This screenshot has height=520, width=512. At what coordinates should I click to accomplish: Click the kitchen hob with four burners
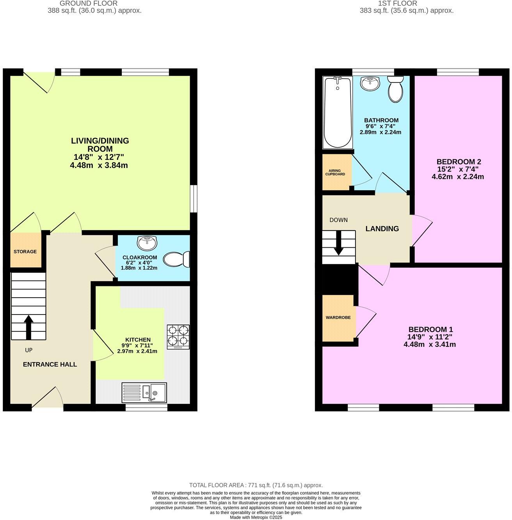178,337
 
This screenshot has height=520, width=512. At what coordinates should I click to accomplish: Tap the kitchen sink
144,392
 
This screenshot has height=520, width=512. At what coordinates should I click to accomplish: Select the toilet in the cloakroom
176,259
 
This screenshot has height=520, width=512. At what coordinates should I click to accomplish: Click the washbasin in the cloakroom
147,243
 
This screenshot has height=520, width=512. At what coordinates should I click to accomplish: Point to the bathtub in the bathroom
337,113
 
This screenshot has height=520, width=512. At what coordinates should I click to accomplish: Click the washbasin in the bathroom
370,83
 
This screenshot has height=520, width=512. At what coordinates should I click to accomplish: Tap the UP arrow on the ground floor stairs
28,327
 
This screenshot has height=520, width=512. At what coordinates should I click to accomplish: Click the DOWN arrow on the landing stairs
339,243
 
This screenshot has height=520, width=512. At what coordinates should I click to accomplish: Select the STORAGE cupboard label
25,252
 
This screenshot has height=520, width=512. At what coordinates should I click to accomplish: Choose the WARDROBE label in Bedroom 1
338,318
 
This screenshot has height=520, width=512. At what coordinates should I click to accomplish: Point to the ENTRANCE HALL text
50,365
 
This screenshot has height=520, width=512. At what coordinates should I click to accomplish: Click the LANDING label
382,229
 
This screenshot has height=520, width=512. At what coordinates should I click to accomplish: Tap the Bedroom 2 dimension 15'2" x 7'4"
458,169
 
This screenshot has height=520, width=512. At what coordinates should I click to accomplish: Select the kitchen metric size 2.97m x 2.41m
137,351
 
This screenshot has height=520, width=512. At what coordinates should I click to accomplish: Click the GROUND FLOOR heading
89,4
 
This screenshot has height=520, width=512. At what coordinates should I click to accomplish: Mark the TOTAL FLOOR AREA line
256,485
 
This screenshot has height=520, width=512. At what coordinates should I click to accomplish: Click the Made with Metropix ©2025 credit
256,517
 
